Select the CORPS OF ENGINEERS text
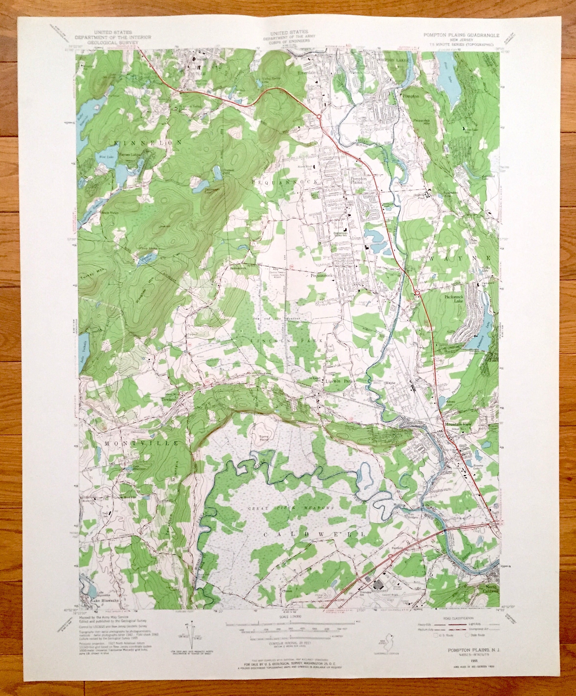pos(289,42)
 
